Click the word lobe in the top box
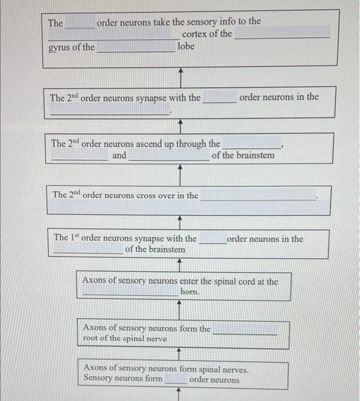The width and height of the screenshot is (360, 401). coord(186,46)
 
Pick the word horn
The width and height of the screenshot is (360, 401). coord(190,292)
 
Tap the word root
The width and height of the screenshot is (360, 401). coord(92,339)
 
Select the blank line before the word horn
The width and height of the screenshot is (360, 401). coord(130,293)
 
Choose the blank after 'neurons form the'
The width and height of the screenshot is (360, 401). coord(245,332)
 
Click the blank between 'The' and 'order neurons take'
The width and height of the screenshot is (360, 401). coord(80,26)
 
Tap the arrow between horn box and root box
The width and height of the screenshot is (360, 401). coord(181,309)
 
